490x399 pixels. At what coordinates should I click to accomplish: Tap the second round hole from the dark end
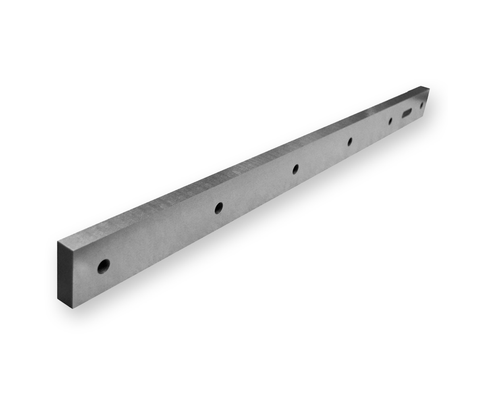click(218, 208)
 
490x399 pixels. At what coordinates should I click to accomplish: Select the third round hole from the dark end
click(295, 169)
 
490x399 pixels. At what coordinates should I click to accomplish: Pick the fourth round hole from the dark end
click(350, 141)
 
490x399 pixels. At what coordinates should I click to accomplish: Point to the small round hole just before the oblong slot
click(390, 121)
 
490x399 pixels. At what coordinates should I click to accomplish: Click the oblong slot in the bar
click(406, 112)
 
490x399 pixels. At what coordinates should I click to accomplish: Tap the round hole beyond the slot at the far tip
click(421, 105)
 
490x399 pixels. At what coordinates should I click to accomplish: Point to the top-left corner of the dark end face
click(58, 241)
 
